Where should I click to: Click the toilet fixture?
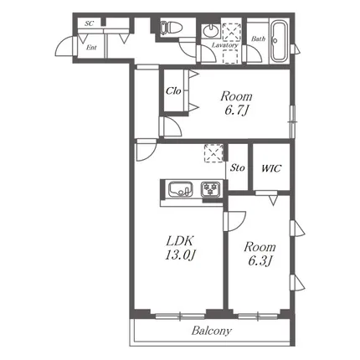point(171,28)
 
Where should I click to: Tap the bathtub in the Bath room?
point(280,41)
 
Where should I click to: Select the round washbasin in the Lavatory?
point(211,30)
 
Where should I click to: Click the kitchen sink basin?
point(181,189)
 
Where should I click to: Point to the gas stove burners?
point(211,189)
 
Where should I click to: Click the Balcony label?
point(212,331)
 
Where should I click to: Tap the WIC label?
point(271,168)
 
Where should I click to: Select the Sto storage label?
point(238,167)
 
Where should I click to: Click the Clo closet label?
point(173,90)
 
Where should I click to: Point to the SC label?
point(89,23)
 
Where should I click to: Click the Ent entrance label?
point(91,48)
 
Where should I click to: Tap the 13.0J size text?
point(179,255)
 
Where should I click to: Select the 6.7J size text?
point(236,111)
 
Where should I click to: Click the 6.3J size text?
point(260,261)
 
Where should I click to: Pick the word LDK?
point(180,240)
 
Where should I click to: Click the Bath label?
point(258,39)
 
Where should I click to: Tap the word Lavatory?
point(224,45)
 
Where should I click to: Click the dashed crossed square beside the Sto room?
point(213,153)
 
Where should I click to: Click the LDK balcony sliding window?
point(180,316)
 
